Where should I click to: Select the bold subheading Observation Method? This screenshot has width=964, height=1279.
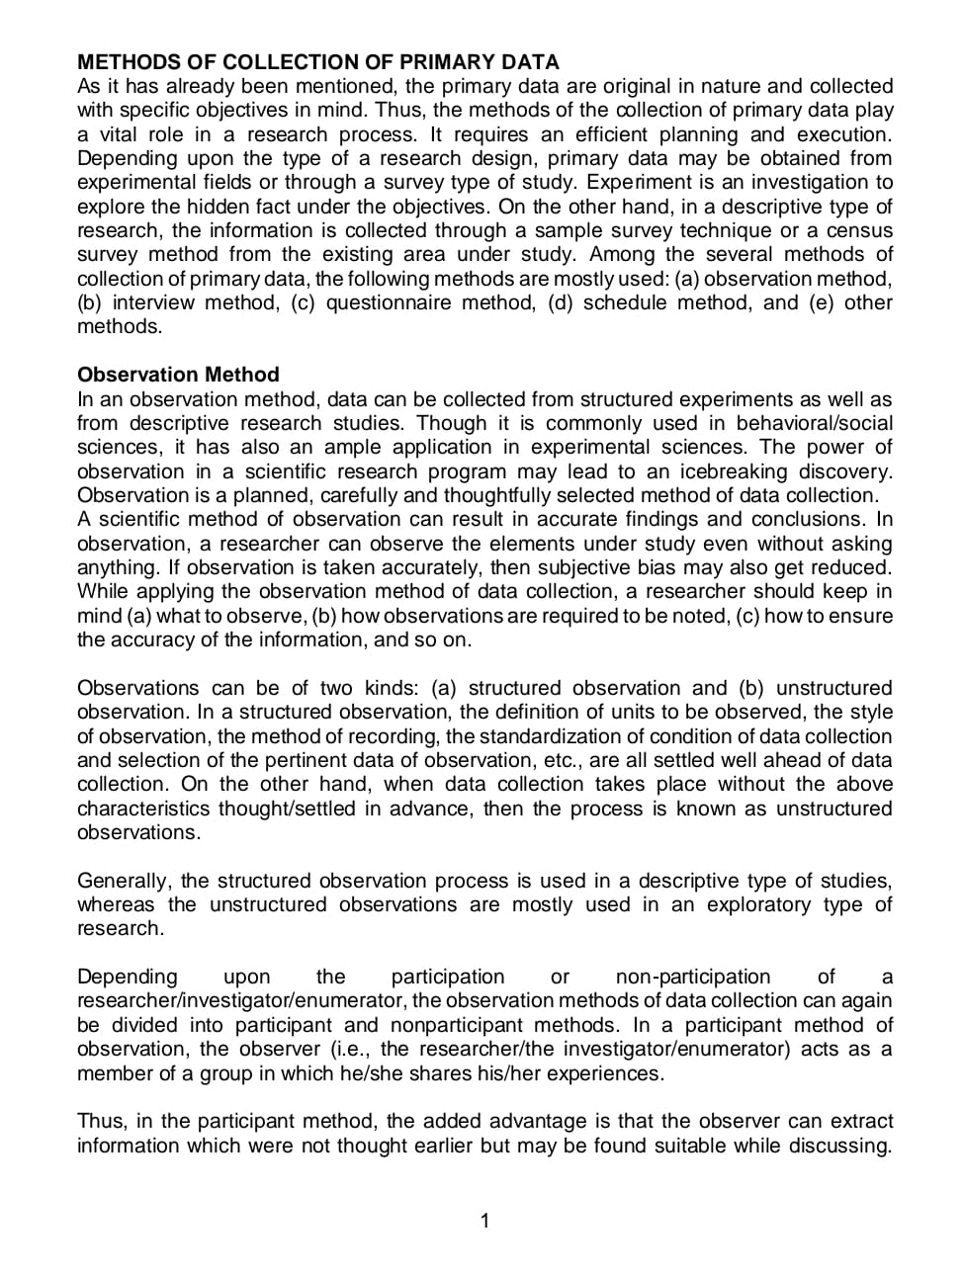pos(178,375)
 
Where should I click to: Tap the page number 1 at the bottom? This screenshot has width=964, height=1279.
pos(484,1221)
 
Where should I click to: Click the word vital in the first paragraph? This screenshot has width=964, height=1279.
pos(124,134)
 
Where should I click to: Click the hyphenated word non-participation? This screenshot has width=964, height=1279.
pos(692,977)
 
